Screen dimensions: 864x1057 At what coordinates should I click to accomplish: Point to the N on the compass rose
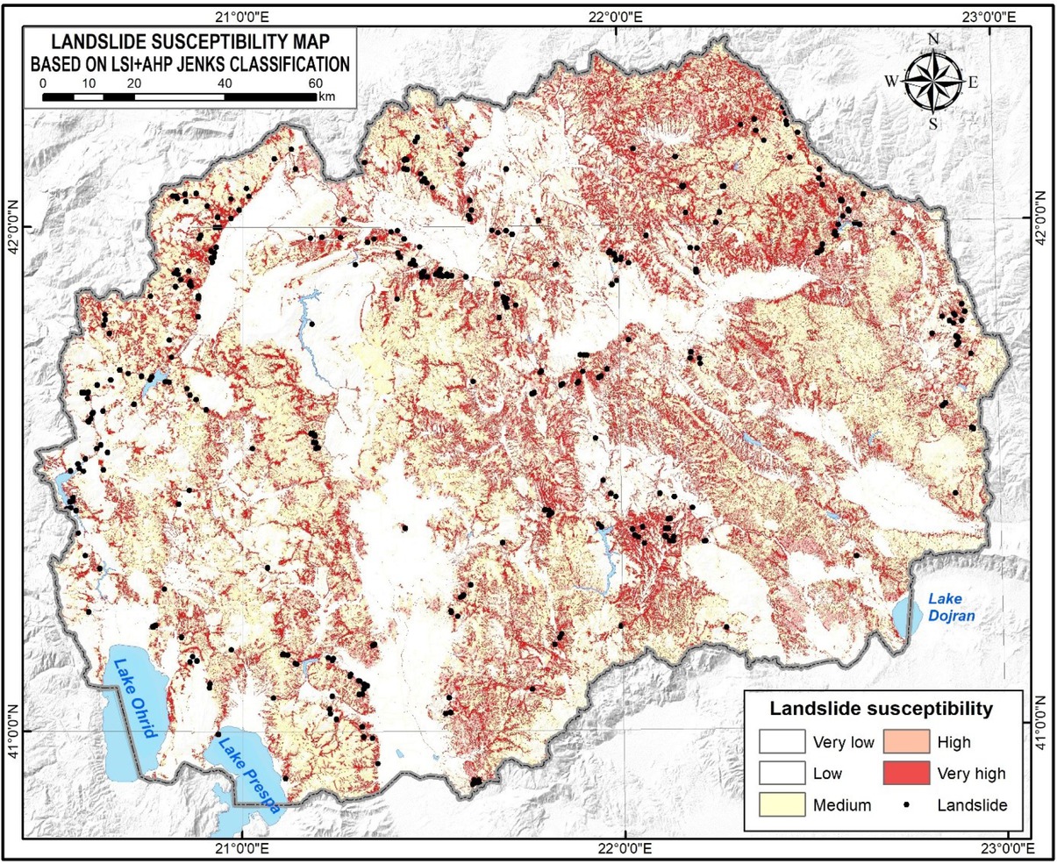pyautogui.click(x=933, y=38)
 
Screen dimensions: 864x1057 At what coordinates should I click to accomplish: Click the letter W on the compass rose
pyautogui.click(x=891, y=82)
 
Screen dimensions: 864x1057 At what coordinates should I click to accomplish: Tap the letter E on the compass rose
pyautogui.click(x=972, y=82)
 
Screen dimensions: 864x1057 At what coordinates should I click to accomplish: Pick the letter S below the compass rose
pyautogui.click(x=932, y=124)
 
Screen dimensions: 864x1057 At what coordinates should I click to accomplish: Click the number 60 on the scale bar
pyautogui.click(x=316, y=82)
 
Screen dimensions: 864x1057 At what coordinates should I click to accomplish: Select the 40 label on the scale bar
pyautogui.click(x=225, y=82)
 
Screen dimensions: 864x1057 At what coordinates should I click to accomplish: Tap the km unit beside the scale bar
pyautogui.click(x=327, y=96)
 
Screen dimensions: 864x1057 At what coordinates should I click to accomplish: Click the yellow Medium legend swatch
pyautogui.click(x=782, y=804)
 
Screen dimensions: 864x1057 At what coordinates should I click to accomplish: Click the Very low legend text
pyautogui.click(x=843, y=743)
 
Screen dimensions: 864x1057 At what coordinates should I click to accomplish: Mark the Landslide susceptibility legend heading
pyautogui.click(x=880, y=708)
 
